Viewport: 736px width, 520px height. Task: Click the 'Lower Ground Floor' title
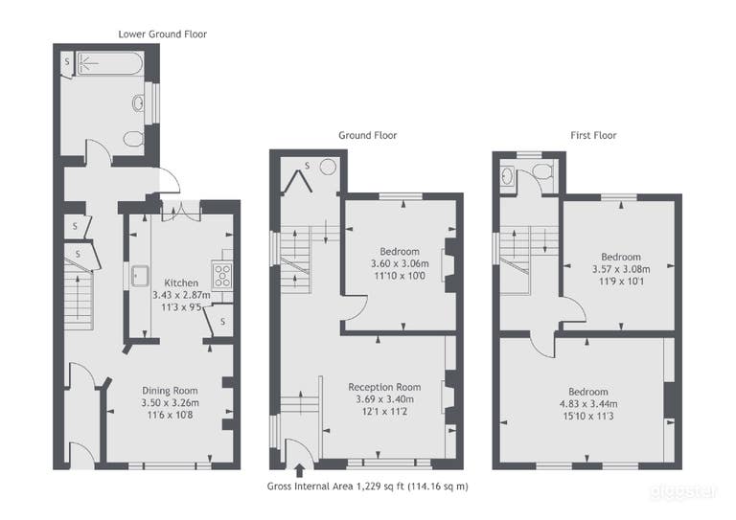click(x=162, y=34)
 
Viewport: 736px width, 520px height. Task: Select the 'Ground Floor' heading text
click(x=367, y=136)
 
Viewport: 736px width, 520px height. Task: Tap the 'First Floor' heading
click(x=589, y=136)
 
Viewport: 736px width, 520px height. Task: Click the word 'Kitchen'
click(x=181, y=283)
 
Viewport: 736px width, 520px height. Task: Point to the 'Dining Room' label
click(x=170, y=390)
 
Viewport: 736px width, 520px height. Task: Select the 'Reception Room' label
click(x=384, y=387)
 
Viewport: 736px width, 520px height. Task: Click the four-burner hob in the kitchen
click(x=222, y=275)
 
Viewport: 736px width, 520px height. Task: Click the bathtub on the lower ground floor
click(x=108, y=63)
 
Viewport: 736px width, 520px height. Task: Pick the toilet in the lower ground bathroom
click(x=135, y=140)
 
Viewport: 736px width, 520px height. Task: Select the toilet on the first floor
click(x=541, y=172)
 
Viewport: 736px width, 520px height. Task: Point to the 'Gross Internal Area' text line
click(x=367, y=486)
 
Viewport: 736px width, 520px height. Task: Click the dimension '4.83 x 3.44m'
click(x=587, y=404)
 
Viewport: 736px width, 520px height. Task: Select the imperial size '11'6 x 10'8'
click(x=170, y=415)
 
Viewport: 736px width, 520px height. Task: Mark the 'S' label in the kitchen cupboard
click(x=222, y=322)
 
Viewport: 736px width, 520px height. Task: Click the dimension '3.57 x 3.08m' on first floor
click(x=620, y=270)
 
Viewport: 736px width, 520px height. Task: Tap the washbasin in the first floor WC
click(x=507, y=175)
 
